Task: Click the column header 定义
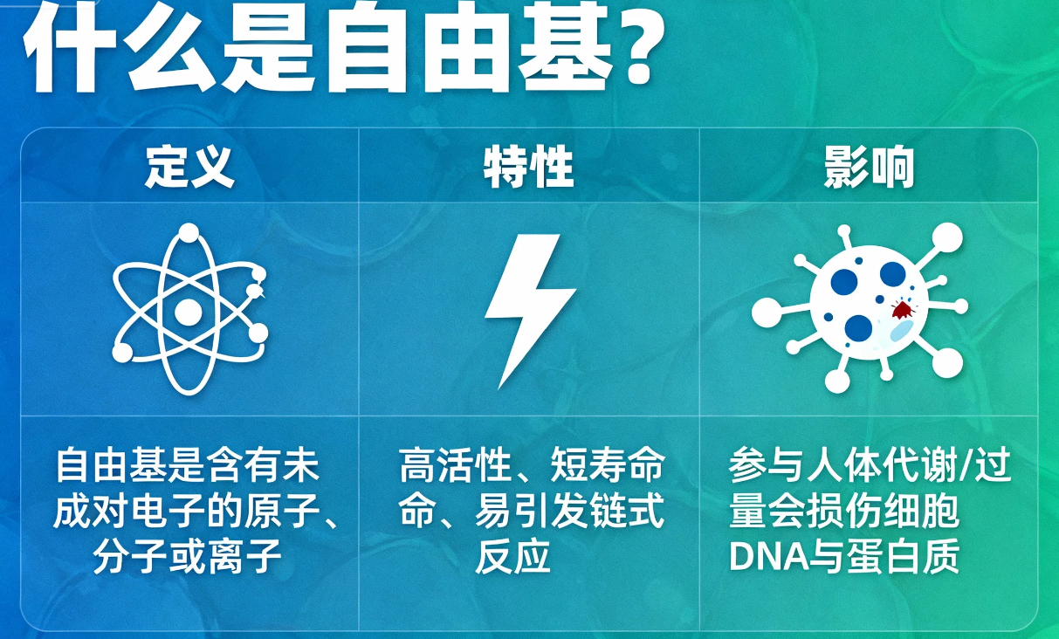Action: coord(189,167)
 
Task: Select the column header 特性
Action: coord(529,167)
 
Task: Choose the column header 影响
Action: coord(869,167)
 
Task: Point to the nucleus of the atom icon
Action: coord(189,311)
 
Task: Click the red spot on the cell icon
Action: coord(901,309)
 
